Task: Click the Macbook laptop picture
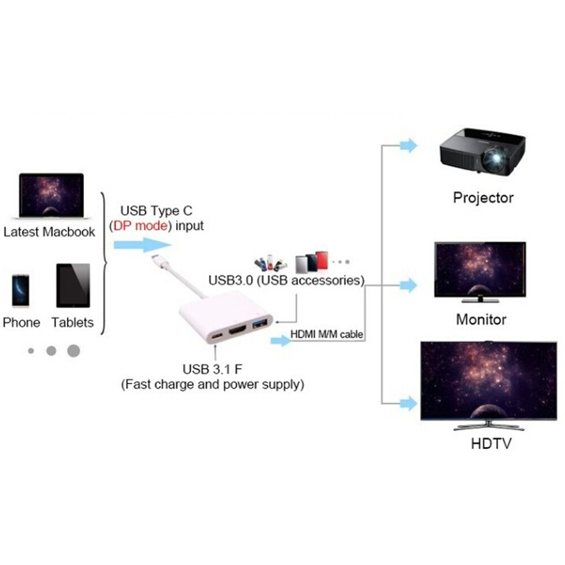(51, 195)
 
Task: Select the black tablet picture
(73, 285)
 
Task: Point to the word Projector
(483, 198)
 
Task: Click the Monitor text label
(481, 319)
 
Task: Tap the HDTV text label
(491, 443)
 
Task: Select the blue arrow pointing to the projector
(407, 145)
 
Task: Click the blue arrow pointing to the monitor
(407, 285)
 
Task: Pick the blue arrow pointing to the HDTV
(407, 403)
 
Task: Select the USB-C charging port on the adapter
(217, 337)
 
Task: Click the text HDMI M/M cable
(326, 334)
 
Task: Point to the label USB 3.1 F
(212, 370)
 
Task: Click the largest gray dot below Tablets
(73, 351)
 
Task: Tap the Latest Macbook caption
(49, 232)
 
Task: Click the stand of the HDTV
(489, 424)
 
